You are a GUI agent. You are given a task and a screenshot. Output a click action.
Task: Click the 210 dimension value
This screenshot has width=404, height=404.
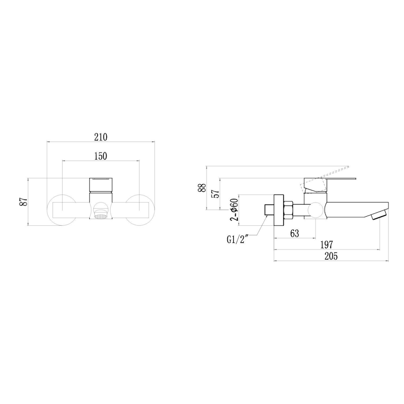[x=100, y=137]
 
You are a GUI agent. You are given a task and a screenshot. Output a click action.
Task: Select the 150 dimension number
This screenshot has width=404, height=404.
[x=100, y=157]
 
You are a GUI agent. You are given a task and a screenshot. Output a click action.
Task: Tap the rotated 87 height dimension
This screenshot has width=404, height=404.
[x=22, y=201]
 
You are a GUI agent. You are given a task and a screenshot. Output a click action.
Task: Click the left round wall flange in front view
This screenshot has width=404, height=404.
[x=60, y=209]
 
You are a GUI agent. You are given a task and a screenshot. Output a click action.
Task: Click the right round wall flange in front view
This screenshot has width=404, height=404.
[x=140, y=209]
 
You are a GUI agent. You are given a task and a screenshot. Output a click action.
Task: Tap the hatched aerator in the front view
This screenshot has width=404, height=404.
[x=101, y=215]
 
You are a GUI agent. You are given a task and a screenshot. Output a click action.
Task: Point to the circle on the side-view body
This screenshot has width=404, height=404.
[x=316, y=209]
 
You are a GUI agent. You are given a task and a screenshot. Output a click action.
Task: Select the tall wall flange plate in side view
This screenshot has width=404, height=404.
[x=278, y=210]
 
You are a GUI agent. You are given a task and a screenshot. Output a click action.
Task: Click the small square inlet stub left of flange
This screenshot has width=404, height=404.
[x=268, y=209]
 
